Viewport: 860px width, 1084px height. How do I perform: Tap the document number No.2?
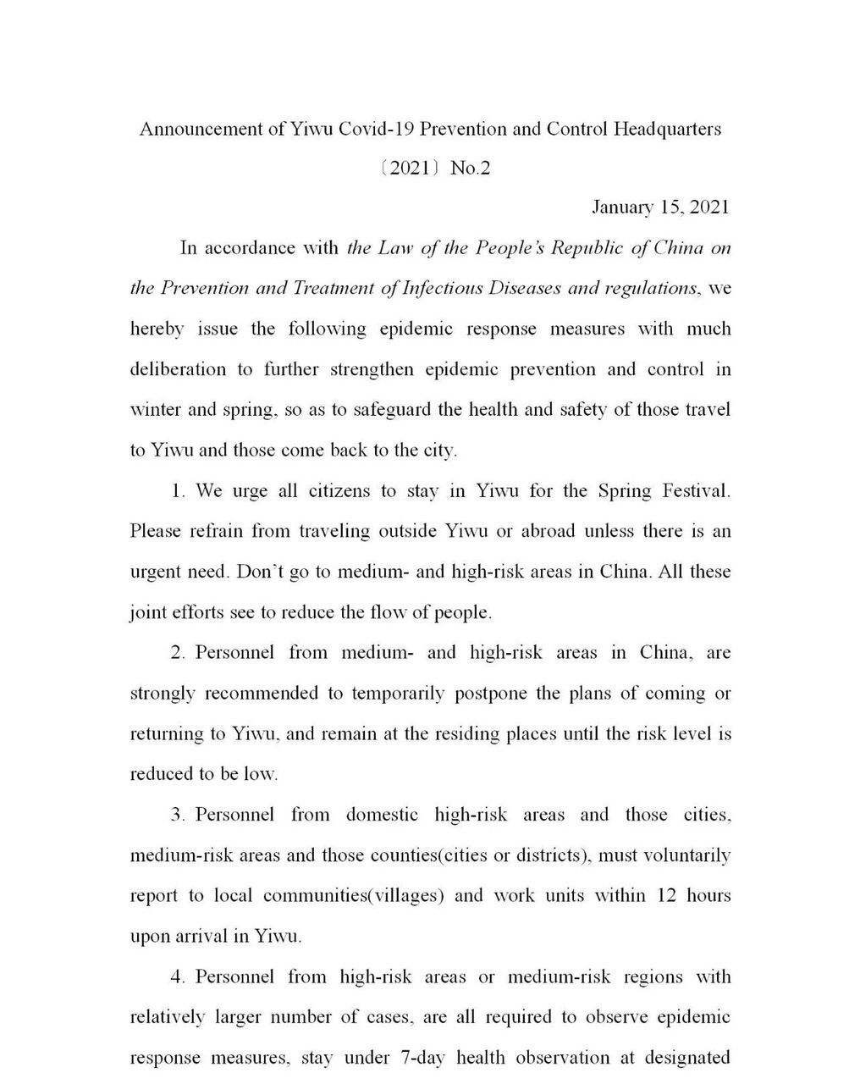click(471, 169)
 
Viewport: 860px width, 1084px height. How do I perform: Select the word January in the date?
click(622, 207)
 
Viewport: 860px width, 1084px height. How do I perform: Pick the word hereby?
click(157, 329)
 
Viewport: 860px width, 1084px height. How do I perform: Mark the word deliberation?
click(178, 369)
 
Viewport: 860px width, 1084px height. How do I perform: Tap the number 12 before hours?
click(666, 896)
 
